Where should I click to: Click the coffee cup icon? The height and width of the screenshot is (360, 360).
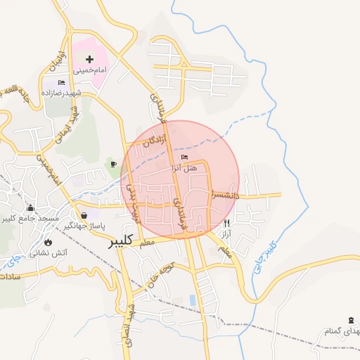tap(113, 165)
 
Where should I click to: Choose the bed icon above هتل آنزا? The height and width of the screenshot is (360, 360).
tap(185, 157)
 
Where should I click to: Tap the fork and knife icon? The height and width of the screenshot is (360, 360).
tap(226, 223)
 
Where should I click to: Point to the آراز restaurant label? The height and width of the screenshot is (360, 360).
tap(226, 233)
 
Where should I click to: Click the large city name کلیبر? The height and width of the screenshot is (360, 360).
tap(122, 243)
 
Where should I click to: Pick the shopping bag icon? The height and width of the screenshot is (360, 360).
tap(84, 215)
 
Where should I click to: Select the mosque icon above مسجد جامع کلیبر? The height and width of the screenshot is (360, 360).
tap(30, 208)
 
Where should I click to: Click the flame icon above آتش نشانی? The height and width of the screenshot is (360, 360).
tap(48, 242)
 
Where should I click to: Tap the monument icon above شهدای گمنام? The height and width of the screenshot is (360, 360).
tap(352, 320)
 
